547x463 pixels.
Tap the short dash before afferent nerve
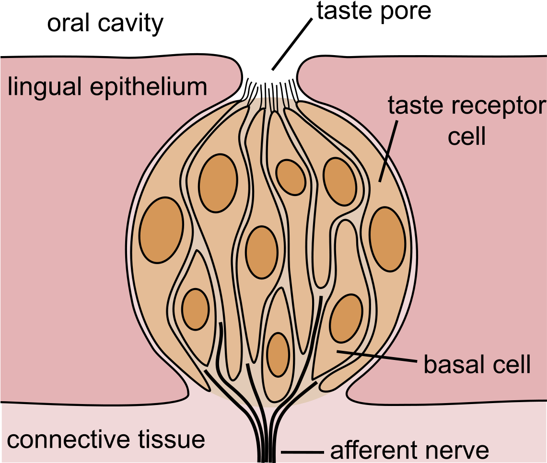302,452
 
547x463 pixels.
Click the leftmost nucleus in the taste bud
162,230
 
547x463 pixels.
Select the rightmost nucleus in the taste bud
387,239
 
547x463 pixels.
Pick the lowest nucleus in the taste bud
278,354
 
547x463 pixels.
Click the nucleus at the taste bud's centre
262,252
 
